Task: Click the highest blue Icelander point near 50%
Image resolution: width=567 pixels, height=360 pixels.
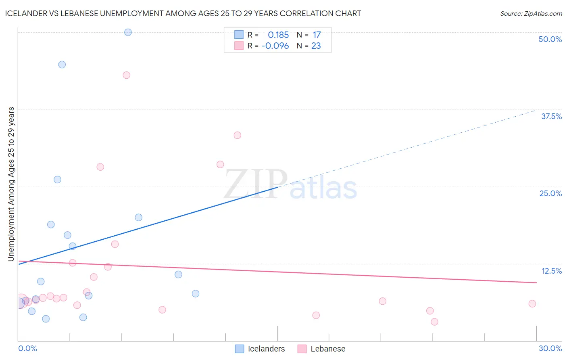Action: click(128, 32)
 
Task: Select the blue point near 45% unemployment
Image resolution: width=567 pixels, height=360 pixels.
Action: click(62, 65)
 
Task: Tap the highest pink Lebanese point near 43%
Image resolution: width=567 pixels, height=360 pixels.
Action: click(126, 75)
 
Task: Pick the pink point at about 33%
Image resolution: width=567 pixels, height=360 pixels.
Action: click(237, 135)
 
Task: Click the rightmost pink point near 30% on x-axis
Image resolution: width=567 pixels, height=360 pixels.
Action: click(532, 303)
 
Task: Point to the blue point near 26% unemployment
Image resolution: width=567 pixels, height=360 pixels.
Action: click(57, 180)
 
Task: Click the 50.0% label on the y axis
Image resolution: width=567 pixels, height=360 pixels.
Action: click(550, 39)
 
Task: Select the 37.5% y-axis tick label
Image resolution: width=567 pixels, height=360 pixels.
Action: click(551, 116)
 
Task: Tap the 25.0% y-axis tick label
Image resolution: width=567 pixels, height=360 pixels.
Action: click(550, 193)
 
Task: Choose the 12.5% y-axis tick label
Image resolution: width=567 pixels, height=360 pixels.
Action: click(551, 271)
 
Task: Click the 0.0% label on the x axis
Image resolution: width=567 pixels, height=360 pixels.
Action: click(27, 348)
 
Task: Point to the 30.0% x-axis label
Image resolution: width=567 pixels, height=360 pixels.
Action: click(550, 348)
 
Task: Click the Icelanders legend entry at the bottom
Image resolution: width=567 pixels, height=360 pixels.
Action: click(266, 349)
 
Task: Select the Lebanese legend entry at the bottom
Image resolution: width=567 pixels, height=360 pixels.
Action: click(327, 349)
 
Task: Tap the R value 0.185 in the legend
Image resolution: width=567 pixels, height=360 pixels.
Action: click(278, 35)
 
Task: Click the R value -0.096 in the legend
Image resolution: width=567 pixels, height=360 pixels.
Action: click(275, 46)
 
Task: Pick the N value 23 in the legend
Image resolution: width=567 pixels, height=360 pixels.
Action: click(316, 46)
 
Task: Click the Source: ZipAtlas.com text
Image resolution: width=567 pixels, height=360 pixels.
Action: click(531, 14)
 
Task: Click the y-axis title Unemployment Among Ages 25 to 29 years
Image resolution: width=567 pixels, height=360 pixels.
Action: click(11, 184)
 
